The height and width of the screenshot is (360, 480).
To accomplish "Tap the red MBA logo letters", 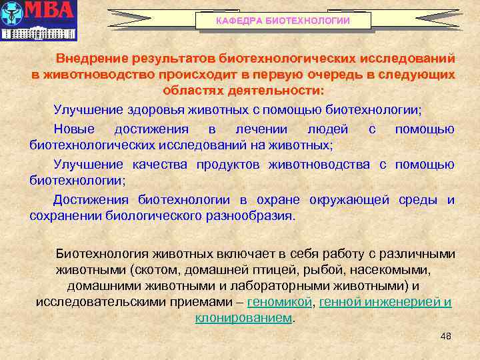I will coord(50,12).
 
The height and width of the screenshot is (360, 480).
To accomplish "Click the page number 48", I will coord(446,336).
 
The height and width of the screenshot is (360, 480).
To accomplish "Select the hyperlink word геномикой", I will coord(279,302).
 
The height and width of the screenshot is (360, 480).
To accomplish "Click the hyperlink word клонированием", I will coord(243,318).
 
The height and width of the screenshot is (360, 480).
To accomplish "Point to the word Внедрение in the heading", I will coord(93,60).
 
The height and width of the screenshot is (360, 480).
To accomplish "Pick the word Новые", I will coord(74,129).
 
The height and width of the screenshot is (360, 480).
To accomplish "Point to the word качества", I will coord(159,164).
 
